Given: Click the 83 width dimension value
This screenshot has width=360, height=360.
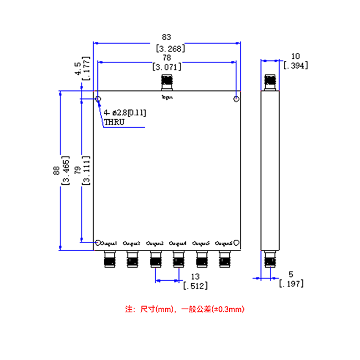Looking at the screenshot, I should click(x=167, y=38).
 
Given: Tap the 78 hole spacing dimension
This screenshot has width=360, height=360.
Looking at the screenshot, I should click(x=166, y=57).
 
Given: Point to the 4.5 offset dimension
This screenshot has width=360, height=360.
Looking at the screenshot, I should click(x=78, y=69).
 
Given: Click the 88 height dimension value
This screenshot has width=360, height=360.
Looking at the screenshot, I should click(x=56, y=170).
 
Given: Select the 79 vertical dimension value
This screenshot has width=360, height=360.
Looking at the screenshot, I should click(x=77, y=170).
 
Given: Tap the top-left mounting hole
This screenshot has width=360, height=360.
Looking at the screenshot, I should click(x=98, y=99).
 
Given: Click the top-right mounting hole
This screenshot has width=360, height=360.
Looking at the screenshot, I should click(x=237, y=99).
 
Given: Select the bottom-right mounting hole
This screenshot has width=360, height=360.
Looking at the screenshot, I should click(x=237, y=243).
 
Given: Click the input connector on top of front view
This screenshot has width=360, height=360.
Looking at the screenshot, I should click(x=167, y=82).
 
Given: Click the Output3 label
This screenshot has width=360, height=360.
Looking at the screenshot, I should click(x=155, y=244).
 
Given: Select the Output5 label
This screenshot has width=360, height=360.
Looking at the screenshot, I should click(x=202, y=244).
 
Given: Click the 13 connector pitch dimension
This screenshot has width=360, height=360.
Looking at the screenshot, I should click(x=195, y=276).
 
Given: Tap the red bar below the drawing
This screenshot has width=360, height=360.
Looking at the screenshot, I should click(x=185, y=309).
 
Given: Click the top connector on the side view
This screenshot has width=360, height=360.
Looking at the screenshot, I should click(x=271, y=82).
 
